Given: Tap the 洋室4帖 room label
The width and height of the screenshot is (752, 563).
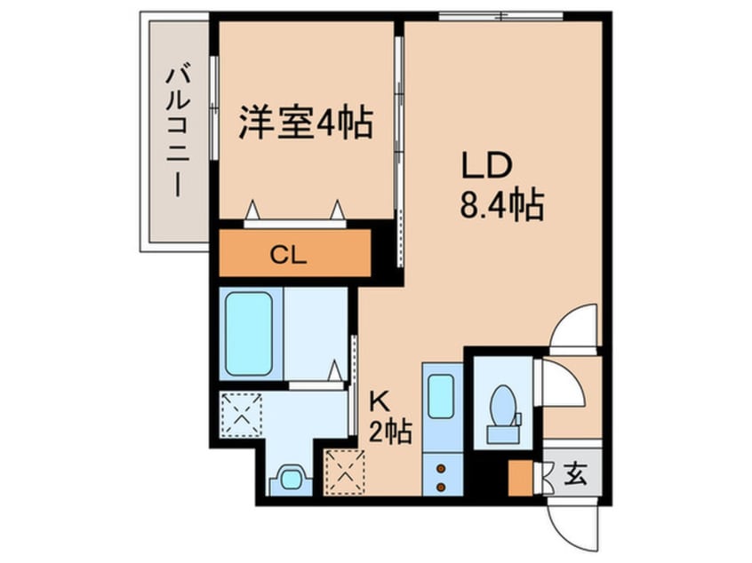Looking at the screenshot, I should pyautogui.click(x=305, y=123).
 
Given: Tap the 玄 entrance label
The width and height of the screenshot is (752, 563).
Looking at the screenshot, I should pyautogui.click(x=575, y=473).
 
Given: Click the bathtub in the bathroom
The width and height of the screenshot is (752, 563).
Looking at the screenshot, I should pyautogui.click(x=249, y=333).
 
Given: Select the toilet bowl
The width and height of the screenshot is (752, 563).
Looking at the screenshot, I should pyautogui.click(x=504, y=409).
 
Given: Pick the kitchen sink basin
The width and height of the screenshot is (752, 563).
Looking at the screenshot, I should pyautogui.click(x=442, y=396).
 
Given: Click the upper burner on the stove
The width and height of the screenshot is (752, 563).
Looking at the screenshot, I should pyautogui.click(x=441, y=466).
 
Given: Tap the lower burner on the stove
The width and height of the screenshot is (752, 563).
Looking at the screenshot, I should pyautogui.click(x=441, y=486).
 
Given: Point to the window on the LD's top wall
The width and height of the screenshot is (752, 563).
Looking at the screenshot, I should pyautogui.click(x=501, y=15).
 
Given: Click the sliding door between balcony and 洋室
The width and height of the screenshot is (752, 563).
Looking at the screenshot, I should pyautogui.click(x=214, y=107).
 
